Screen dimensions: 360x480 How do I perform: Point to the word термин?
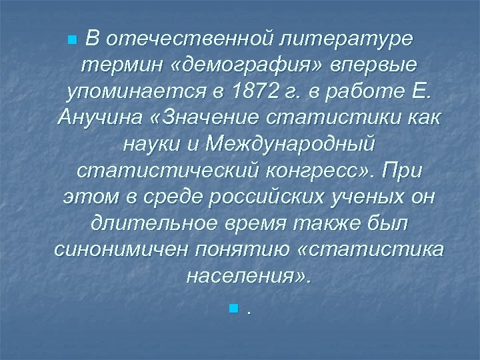click(x=115, y=65)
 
